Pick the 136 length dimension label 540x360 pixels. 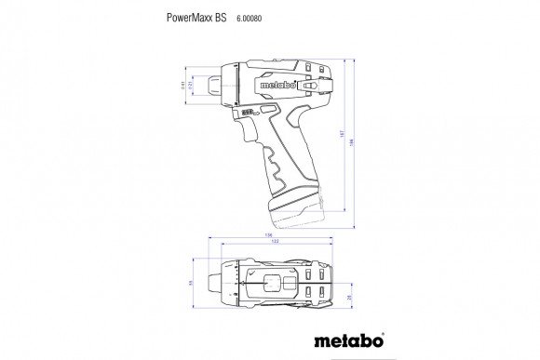tap(269, 235)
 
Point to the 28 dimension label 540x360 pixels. tap(350, 297)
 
